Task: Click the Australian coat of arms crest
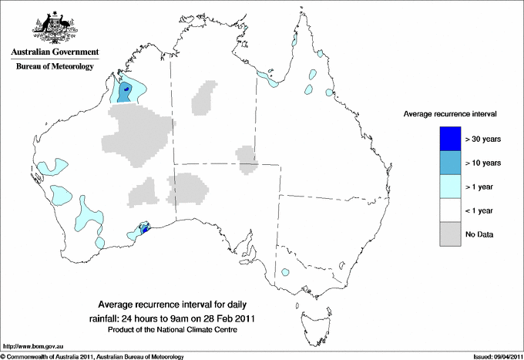tap(52, 26)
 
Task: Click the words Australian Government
tap(52, 52)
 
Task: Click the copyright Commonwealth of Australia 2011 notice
tap(92, 356)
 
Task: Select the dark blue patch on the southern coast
tap(144, 230)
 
